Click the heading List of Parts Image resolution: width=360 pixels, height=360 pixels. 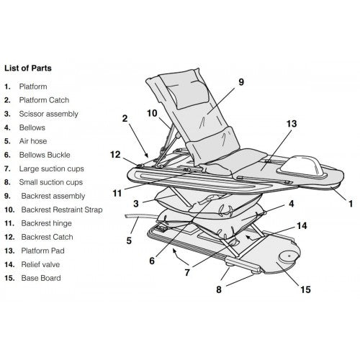coord(34,68)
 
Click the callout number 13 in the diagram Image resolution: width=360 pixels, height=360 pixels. coord(291,123)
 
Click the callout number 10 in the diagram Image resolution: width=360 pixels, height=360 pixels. coord(152,113)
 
